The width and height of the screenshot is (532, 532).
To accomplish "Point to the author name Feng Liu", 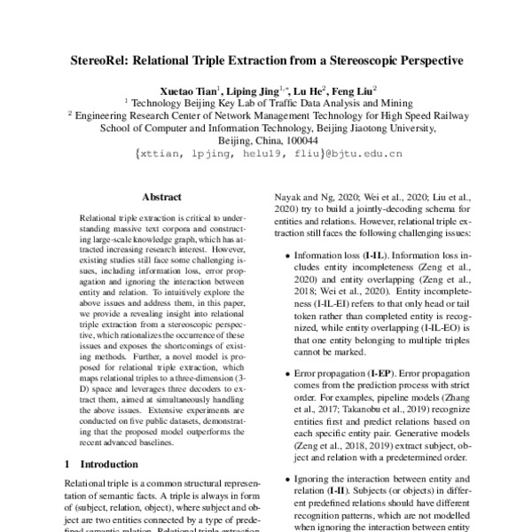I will coord(353,90).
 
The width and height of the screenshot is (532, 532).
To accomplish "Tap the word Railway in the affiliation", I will coord(442,114).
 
